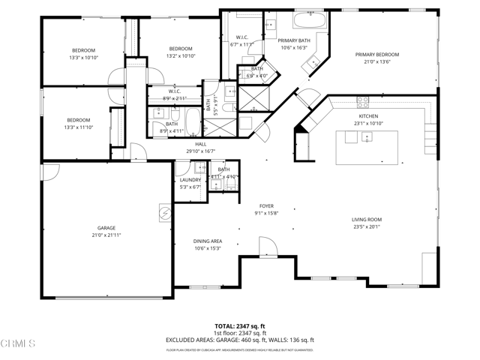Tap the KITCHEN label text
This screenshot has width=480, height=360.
coord(367,116)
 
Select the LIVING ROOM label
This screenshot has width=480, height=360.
coord(367,220)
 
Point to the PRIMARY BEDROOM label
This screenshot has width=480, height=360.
coord(376,54)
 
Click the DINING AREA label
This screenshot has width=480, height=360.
coord(208,241)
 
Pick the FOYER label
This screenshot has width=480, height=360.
coord(266,205)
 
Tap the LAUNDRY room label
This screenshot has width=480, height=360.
coord(190,180)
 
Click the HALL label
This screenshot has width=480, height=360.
coord(200,143)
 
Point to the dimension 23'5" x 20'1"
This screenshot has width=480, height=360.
coord(367,227)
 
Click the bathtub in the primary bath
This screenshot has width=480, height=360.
coord(307,19)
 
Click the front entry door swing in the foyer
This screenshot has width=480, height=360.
coord(265,245)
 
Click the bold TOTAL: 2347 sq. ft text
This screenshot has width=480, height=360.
coord(239,326)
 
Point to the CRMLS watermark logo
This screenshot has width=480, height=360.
coord(18,344)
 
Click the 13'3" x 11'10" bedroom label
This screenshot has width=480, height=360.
coord(79,124)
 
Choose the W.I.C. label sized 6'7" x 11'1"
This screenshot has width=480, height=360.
coord(241,40)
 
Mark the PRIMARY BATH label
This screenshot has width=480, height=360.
coord(293,40)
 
